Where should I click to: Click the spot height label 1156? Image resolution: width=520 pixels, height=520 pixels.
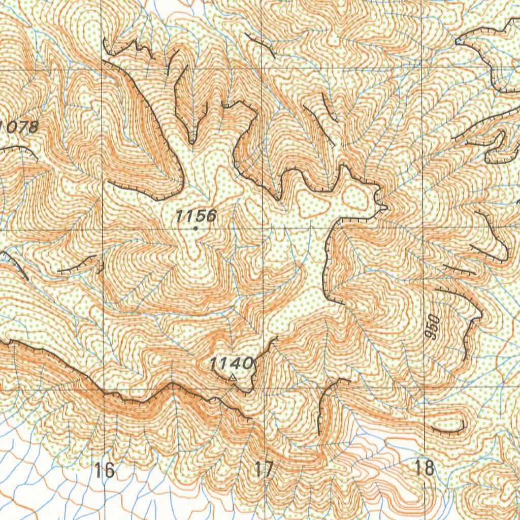point(196,216)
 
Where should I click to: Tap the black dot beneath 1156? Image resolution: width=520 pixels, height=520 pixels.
point(196,229)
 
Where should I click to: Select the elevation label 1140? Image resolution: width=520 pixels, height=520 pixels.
point(231,363)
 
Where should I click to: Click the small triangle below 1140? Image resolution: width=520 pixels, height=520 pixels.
point(233,377)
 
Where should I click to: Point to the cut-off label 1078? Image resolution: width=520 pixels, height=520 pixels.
point(18,127)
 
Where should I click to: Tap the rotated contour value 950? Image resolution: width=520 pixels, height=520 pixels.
point(433,327)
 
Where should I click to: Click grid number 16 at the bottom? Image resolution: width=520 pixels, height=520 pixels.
point(104,470)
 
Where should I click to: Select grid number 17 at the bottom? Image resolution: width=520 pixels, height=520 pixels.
point(264,470)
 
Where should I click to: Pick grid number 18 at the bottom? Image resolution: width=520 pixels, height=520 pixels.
point(425,468)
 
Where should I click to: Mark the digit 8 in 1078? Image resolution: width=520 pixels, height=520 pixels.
point(32,127)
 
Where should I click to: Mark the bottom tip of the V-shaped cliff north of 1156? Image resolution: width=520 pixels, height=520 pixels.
point(192,142)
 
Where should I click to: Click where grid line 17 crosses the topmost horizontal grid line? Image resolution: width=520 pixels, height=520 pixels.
point(263,69)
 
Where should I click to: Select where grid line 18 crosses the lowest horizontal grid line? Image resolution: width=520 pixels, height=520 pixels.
point(425,388)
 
